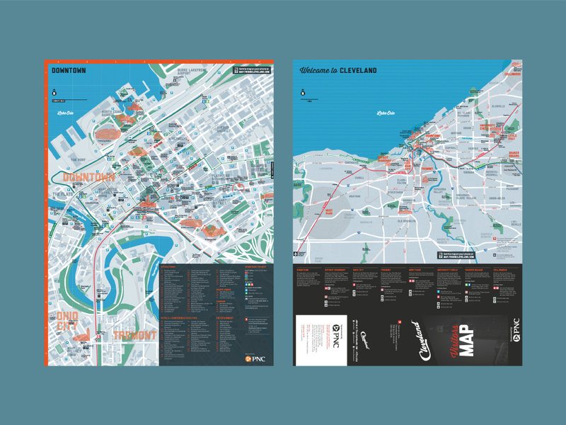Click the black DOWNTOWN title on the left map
[x=69, y=71]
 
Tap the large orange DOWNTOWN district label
[x=89, y=176]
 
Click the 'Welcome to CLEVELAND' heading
[x=337, y=70]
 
